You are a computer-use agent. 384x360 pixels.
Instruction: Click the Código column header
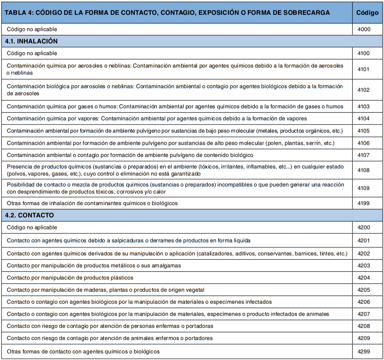click(x=367, y=13)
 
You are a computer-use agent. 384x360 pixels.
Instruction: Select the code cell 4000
click(x=364, y=29)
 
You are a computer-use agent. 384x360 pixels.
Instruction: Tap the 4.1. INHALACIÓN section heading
click(x=31, y=41)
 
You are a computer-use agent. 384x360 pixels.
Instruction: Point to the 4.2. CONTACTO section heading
click(x=30, y=215)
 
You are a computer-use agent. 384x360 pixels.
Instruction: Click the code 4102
click(x=364, y=90)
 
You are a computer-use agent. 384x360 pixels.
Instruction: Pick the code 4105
click(x=364, y=131)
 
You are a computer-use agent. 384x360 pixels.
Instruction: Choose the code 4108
click(x=364, y=170)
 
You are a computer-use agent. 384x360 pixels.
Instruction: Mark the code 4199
click(x=364, y=203)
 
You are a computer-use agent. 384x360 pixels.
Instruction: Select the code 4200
click(x=364, y=228)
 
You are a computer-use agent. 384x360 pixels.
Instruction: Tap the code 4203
click(x=364, y=265)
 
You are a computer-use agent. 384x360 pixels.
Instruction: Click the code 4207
click(x=364, y=314)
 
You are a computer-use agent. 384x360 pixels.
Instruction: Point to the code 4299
click(x=364, y=351)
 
